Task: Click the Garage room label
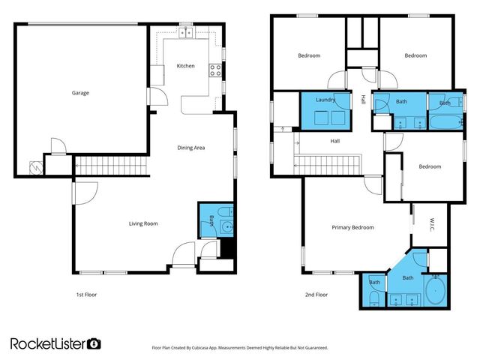tap(80, 93)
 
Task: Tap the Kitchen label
tap(185, 66)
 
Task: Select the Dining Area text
tap(190, 148)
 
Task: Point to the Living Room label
tap(142, 223)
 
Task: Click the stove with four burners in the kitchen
tap(215, 72)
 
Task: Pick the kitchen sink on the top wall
tap(186, 33)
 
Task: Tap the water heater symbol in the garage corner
tap(34, 167)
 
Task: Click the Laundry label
tap(325, 99)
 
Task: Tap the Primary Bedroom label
tap(352, 226)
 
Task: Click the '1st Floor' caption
tap(86, 295)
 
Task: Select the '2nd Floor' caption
tap(316, 295)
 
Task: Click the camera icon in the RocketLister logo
tap(94, 343)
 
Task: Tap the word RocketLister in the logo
tap(48, 343)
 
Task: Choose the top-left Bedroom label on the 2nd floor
tap(309, 55)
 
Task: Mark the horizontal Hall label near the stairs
tap(335, 140)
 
